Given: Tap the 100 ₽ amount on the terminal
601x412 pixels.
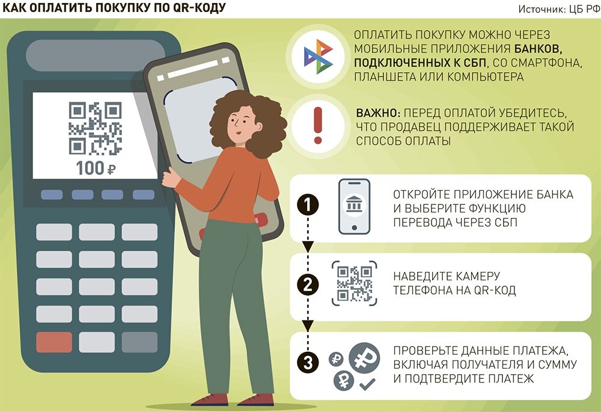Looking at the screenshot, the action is [96, 168].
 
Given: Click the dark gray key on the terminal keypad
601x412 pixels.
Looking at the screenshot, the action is [139, 342].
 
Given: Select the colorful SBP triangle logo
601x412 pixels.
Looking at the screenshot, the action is [319, 57].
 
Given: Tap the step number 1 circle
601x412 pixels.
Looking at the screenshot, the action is [308, 205].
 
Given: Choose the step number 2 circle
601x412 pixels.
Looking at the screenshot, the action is [308, 285].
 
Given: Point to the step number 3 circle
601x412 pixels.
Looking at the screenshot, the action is [308, 363].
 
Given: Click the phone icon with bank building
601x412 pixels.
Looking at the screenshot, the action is [354, 206].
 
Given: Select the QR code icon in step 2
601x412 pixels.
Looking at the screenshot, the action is [354, 283].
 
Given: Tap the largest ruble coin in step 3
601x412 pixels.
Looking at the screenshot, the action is [364, 357].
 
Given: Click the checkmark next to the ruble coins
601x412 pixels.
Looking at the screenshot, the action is [367, 384].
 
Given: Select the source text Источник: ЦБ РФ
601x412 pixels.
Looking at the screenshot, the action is [558, 9].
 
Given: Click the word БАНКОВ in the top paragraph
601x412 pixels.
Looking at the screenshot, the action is [538, 49].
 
